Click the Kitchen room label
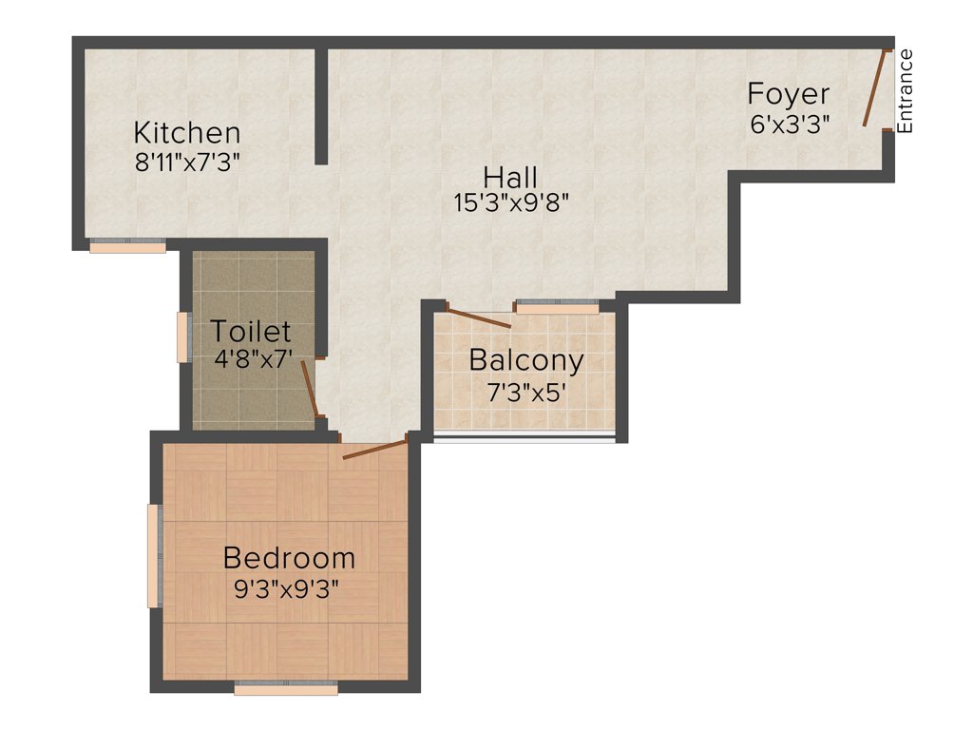point(186,132)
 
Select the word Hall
point(510,177)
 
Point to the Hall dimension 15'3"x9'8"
point(511,202)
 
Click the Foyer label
point(788,94)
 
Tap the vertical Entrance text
point(906,90)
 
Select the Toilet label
point(250,332)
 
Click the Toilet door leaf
point(308,388)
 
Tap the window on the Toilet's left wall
point(183,336)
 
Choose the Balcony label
point(525,361)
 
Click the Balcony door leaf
point(478,318)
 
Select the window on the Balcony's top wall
point(557,306)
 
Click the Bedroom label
point(289,558)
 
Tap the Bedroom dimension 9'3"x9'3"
point(287,587)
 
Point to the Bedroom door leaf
point(374,449)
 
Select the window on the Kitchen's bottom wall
point(127,246)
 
